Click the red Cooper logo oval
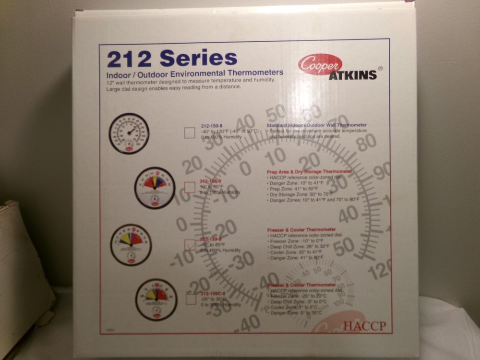click(x=320, y=65)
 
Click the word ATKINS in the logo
click(x=353, y=75)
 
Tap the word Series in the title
click(x=198, y=58)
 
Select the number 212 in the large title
click(x=129, y=59)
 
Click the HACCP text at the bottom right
click(x=364, y=326)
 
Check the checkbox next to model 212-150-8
click(x=190, y=132)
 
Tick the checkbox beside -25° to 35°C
click(x=191, y=299)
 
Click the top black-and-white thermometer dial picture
click(x=129, y=133)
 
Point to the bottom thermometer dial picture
click(x=156, y=300)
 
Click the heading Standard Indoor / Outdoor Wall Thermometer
click(x=316, y=125)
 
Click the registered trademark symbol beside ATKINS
click(x=381, y=69)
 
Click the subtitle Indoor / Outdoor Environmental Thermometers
click(x=194, y=73)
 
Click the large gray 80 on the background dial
click(x=367, y=142)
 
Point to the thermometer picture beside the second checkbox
click(x=155, y=188)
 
